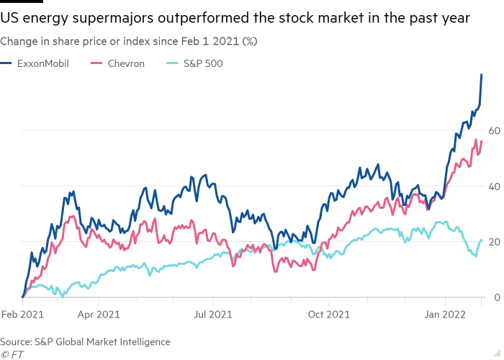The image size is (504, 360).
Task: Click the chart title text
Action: (130, 40)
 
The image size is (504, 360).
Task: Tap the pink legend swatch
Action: (94, 64)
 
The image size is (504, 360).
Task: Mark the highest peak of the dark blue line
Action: (480, 71)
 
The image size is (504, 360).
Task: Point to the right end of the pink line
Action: (481, 140)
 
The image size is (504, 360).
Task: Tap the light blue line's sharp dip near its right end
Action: (473, 256)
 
